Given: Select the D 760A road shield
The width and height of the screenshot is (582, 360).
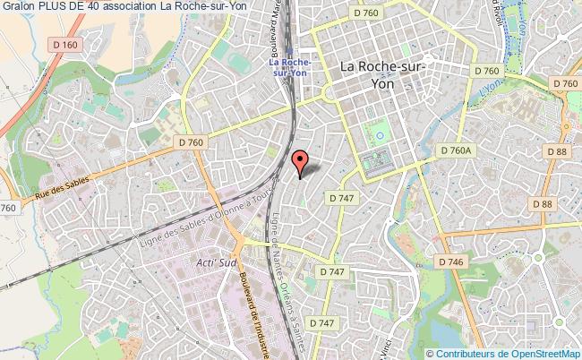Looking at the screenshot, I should point(455,151).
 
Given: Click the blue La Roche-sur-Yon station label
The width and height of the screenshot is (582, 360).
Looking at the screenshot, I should point(292,67).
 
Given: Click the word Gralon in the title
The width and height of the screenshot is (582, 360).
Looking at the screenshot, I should point(19,7).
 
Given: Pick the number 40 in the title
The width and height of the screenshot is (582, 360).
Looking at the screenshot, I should point(96,7).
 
